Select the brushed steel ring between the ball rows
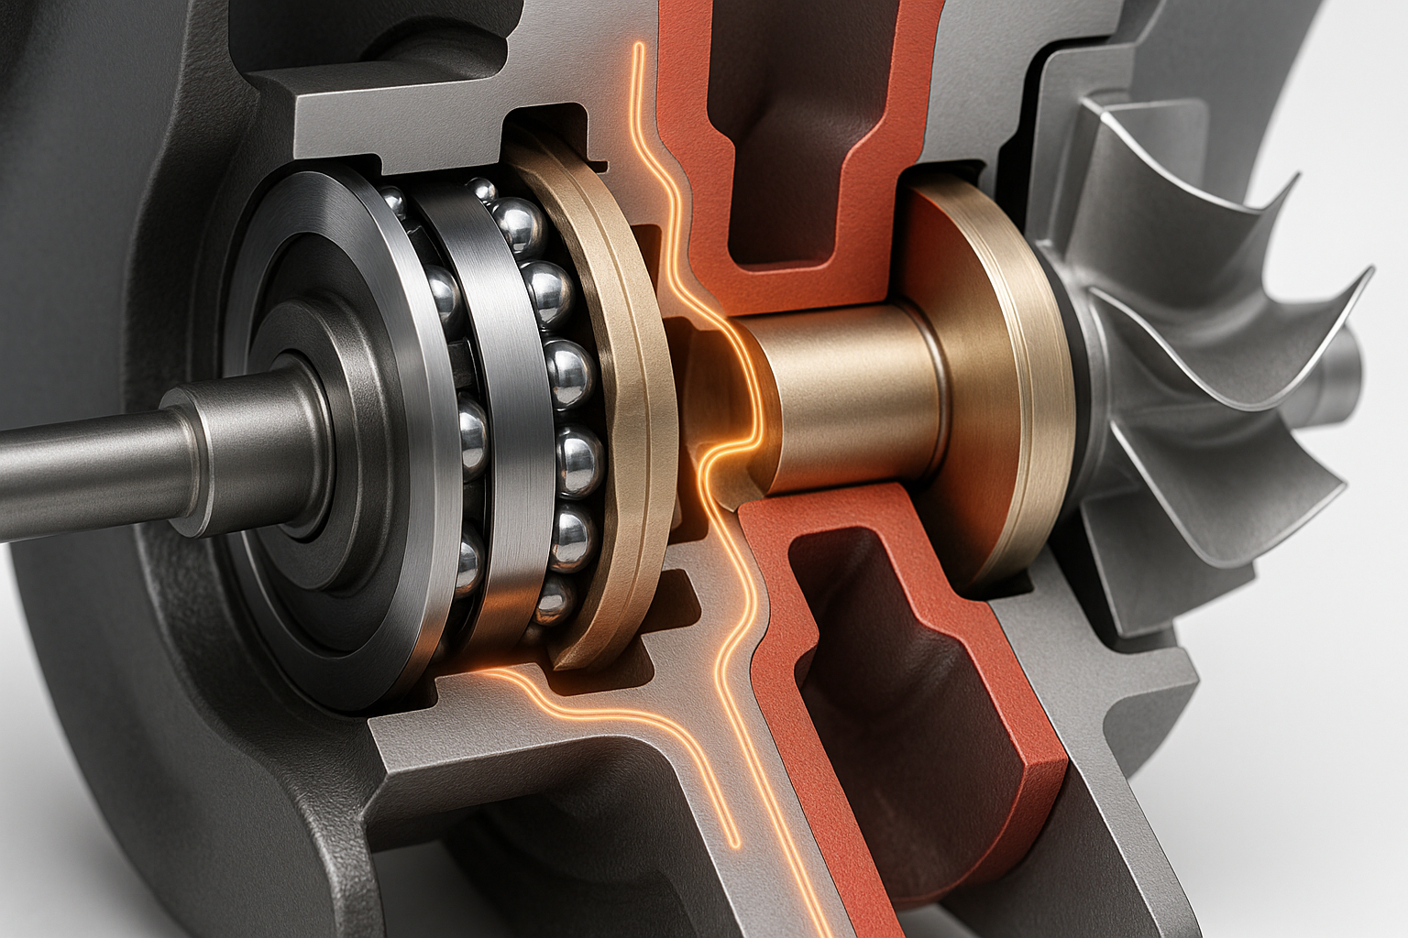[x=500, y=412]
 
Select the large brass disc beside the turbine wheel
[x=999, y=385]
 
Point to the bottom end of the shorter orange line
[x=734, y=843]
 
